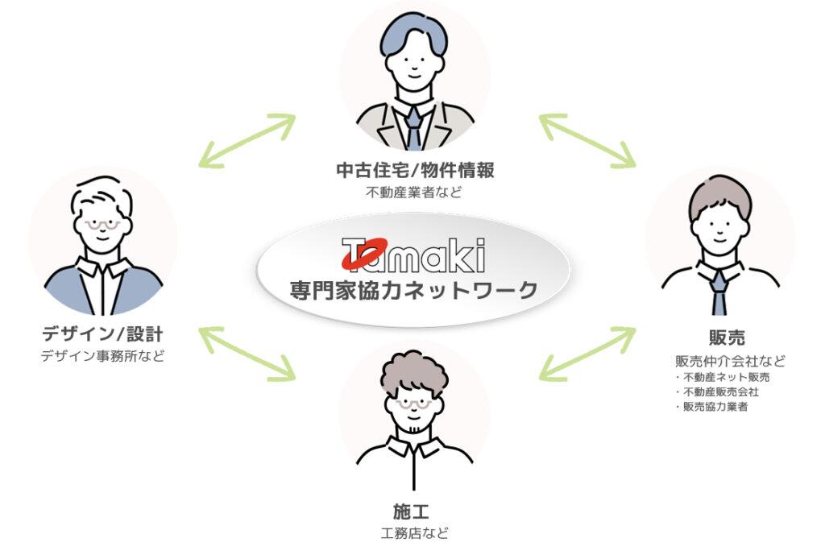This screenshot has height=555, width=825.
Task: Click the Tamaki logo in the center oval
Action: (413, 255)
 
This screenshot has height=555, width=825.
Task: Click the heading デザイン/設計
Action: (102, 333)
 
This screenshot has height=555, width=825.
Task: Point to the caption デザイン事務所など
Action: (102, 355)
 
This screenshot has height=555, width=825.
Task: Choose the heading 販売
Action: (719, 338)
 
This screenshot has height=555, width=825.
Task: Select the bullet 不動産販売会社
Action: (720, 392)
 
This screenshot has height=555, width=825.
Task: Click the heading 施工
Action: (413, 510)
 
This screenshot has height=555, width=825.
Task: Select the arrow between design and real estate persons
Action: (247, 140)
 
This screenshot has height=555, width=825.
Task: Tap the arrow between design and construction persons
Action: (247, 353)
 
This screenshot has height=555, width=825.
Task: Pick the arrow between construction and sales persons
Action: (587, 353)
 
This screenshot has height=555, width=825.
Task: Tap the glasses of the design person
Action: (103, 225)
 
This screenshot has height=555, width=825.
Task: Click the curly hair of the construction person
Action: (413, 372)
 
